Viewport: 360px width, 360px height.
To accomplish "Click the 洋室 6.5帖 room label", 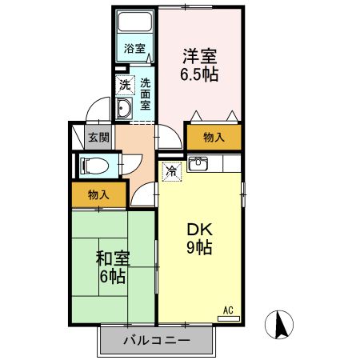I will [x=200, y=64].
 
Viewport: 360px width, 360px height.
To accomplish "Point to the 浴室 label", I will [x=134, y=48].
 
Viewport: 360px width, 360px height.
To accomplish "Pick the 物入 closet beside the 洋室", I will [x=214, y=138].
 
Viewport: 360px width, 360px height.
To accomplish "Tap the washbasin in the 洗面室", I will [x=126, y=110].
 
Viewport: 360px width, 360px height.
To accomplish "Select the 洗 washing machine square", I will [x=125, y=84].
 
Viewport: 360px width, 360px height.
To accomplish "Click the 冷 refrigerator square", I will [x=171, y=170].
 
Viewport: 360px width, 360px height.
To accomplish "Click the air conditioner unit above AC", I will [x=228, y=318].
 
